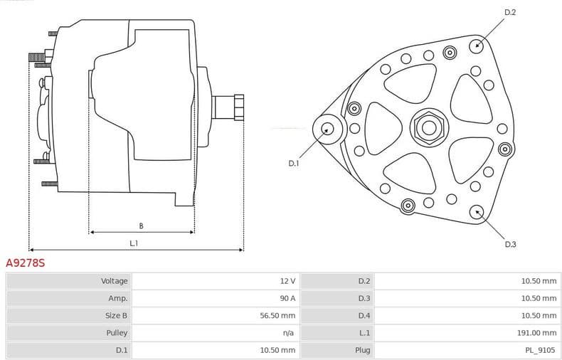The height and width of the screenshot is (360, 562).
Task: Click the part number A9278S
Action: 26,263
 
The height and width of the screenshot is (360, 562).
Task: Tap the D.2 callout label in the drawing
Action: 510,12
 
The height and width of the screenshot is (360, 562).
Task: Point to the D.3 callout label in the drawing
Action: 510,244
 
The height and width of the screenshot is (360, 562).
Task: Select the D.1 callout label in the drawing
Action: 294,164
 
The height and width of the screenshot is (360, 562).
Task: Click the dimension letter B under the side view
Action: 141,226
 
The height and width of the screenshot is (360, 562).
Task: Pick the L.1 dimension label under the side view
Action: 134,243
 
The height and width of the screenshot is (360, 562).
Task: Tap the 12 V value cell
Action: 287,281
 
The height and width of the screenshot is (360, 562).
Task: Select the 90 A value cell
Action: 286,298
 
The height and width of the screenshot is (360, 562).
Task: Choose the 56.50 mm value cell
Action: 278,315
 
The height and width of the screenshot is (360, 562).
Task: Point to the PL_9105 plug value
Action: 541,350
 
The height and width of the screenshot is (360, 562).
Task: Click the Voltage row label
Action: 115,281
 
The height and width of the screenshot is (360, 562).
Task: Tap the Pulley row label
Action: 117,332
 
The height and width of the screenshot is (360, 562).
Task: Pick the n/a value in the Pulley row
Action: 290,332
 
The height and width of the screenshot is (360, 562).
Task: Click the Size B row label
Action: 116,315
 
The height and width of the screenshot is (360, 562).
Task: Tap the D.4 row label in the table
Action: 364,315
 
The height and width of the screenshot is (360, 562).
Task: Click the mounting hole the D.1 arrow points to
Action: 327,129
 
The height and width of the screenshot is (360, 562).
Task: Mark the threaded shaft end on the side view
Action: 229,107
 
